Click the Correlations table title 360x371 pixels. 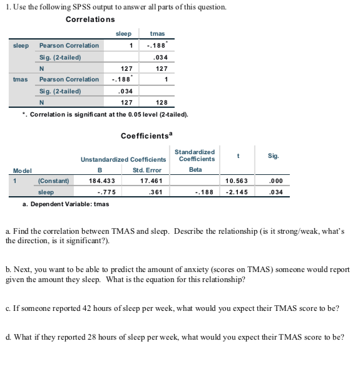[93, 19]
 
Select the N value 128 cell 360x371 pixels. [162, 103]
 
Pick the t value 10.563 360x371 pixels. [238, 181]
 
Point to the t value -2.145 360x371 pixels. [238, 192]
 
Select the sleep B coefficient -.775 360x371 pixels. [105, 192]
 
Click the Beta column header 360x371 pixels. [195, 170]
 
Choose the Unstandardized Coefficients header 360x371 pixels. [123, 159]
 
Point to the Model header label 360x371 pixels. [23, 170]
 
